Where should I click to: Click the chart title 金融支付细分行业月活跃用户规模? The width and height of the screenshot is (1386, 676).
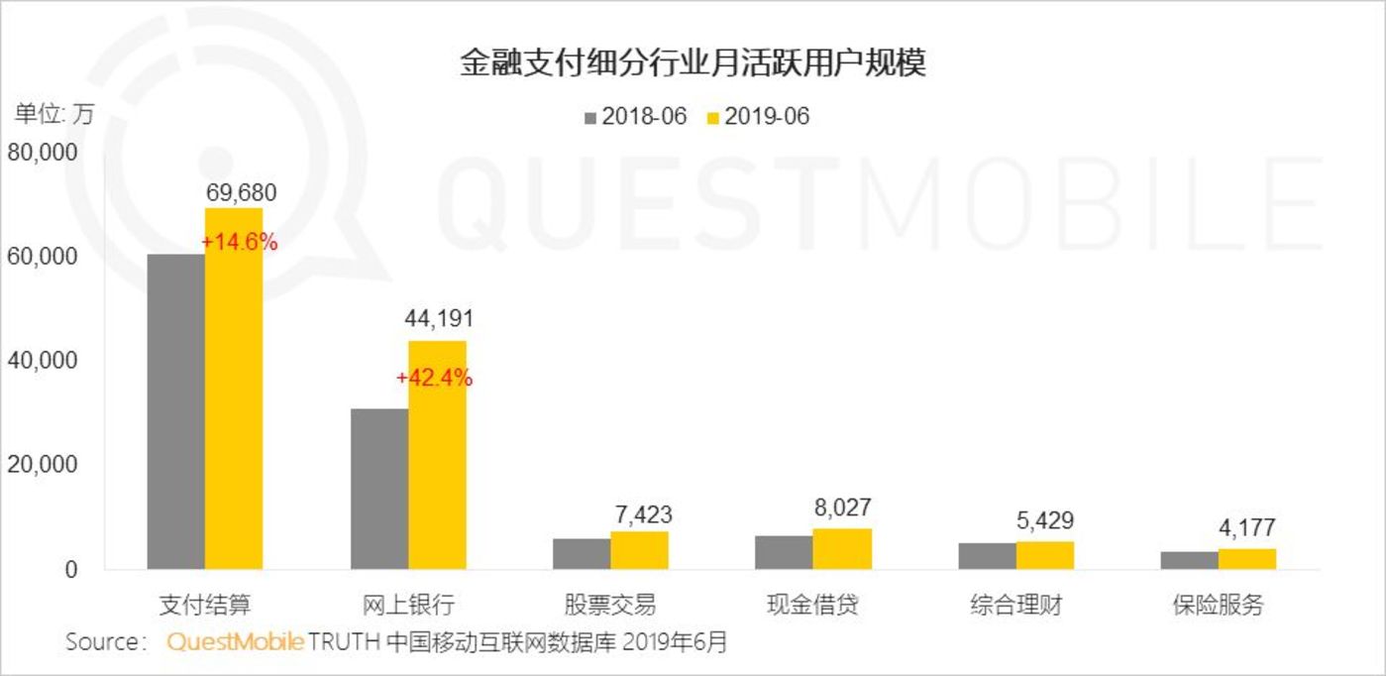(x=693, y=64)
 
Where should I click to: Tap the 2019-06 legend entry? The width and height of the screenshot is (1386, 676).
(x=758, y=117)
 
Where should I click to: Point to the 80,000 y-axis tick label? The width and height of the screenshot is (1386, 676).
(x=43, y=154)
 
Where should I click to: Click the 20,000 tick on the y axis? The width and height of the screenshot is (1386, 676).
(x=43, y=466)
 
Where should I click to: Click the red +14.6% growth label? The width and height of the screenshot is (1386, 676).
(x=239, y=243)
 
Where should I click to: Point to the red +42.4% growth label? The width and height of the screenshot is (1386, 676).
(x=434, y=378)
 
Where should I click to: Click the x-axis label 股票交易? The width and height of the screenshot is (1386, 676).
(x=610, y=604)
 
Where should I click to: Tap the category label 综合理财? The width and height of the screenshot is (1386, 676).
(x=1015, y=604)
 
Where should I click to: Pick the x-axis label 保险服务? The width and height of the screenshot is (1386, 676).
(x=1219, y=604)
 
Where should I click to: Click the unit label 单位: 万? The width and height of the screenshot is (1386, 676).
(x=53, y=114)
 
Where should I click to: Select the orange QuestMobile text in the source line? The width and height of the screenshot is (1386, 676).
(x=235, y=641)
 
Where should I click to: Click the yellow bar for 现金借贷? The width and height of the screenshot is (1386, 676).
(x=842, y=549)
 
